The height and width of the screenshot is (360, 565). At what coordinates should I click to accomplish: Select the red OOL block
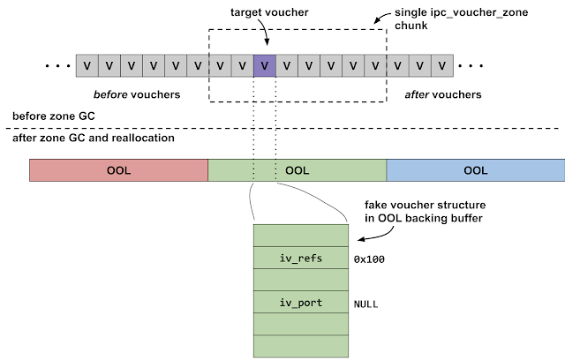[x=118, y=170]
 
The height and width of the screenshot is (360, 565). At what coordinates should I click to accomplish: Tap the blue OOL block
[x=475, y=170]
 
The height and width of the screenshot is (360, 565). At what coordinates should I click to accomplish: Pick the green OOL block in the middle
[x=297, y=170]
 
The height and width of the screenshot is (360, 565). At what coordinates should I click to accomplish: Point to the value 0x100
[x=369, y=259]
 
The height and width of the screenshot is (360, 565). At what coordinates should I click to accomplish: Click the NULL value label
[x=366, y=303]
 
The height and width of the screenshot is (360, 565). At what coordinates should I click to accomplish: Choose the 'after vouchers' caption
[x=444, y=94]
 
